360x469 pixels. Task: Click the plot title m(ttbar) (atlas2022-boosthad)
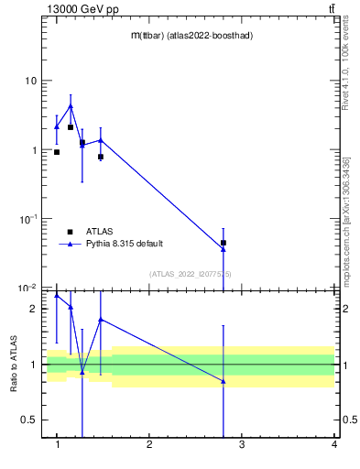pos(191,35)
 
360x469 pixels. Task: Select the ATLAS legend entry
pos(99,232)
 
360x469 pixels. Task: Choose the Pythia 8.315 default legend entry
pos(125,244)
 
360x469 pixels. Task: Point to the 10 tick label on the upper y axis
pos(30,81)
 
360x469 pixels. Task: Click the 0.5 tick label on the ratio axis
pos(28,420)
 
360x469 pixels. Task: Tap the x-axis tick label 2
pos(149,445)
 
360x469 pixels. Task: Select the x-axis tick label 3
pos(242,445)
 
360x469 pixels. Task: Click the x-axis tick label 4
pos(334,445)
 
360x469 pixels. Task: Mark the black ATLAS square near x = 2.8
pos(224,243)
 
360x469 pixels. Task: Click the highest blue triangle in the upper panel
pos(71,106)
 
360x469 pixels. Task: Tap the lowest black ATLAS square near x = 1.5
pos(101,157)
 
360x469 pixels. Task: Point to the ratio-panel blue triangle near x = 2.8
pos(224,381)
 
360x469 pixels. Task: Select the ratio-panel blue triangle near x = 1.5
pos(101,320)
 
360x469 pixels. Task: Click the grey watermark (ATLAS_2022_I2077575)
pos(191,273)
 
